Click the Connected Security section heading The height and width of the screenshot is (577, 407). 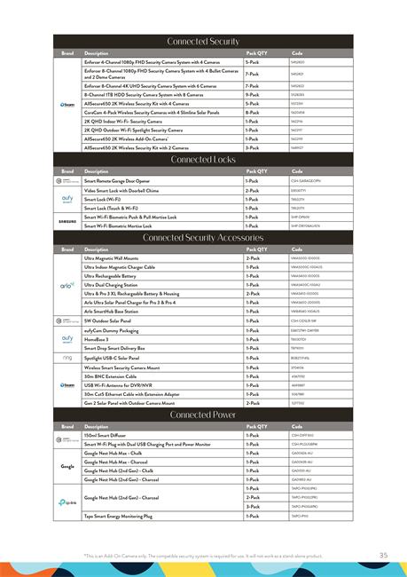tap(203, 42)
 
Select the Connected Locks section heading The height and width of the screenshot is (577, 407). tap(203, 160)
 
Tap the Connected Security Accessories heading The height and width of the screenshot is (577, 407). tap(203, 238)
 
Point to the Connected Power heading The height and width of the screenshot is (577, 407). tap(203, 415)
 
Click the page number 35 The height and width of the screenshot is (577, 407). tap(383, 555)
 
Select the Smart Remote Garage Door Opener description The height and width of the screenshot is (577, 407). tap(121, 180)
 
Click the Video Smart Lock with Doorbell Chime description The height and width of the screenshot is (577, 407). tap(121, 191)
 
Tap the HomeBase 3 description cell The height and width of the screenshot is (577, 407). tap(97, 339)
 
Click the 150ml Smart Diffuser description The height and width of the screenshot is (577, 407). tap(104, 436)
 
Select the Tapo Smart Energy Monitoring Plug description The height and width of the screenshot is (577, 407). tap(118, 515)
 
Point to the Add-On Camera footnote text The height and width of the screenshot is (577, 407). tap(204, 556)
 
